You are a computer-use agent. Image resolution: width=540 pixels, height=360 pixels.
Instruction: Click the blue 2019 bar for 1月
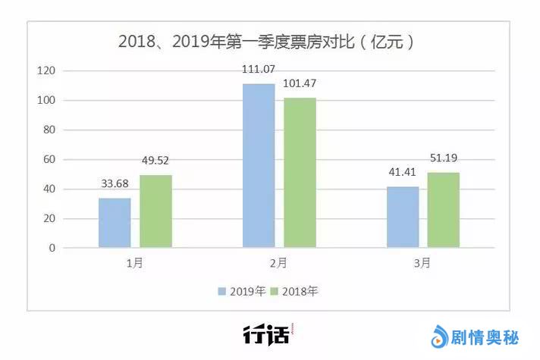tap(115, 222)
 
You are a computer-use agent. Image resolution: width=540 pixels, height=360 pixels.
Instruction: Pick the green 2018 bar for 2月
tap(300, 172)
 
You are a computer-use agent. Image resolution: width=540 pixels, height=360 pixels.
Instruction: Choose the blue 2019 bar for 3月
tap(403, 217)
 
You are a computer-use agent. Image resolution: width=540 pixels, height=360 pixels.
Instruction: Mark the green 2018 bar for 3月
tap(444, 209)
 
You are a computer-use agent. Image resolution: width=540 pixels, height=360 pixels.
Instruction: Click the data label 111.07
tap(258, 70)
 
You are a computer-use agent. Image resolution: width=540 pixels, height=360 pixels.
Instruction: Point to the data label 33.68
tap(115, 185)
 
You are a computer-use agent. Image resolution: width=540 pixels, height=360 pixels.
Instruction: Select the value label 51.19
tap(444, 158)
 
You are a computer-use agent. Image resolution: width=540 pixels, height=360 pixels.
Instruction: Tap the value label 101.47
tap(300, 83)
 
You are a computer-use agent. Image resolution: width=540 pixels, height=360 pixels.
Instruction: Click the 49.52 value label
tap(155, 161)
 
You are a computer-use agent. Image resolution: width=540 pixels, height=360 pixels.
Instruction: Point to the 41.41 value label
tap(402, 173)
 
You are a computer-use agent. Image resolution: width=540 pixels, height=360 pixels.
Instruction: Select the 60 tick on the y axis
tap(49, 159)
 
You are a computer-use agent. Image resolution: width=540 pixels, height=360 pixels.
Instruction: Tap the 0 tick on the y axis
tap(52, 248)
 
